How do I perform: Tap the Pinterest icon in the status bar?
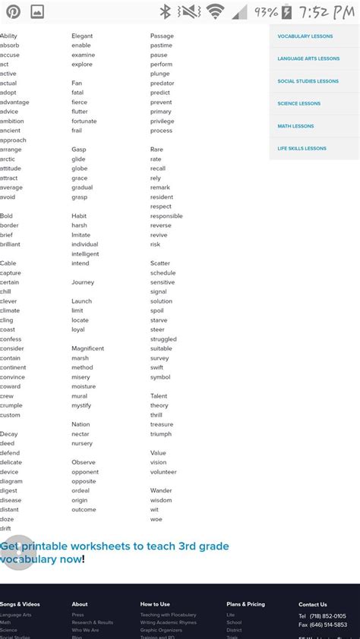point(14,11)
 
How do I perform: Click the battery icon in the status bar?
point(286,11)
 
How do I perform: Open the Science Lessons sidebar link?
point(298,103)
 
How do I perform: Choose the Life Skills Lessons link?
point(302,149)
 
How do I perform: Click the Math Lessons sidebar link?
point(295,126)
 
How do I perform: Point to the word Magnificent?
point(87,348)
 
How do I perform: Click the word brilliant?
point(10,244)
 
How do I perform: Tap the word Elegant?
point(82,36)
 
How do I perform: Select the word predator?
point(162,83)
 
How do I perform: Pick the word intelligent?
point(85,254)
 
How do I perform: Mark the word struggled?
point(163,339)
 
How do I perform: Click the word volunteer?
point(163,471)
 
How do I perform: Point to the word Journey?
point(83,282)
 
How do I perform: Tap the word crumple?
point(11,405)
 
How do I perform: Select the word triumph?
point(161,434)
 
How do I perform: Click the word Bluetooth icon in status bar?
point(166,11)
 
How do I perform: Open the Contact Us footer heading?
point(312,604)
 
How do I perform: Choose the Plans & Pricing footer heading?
point(245,604)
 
